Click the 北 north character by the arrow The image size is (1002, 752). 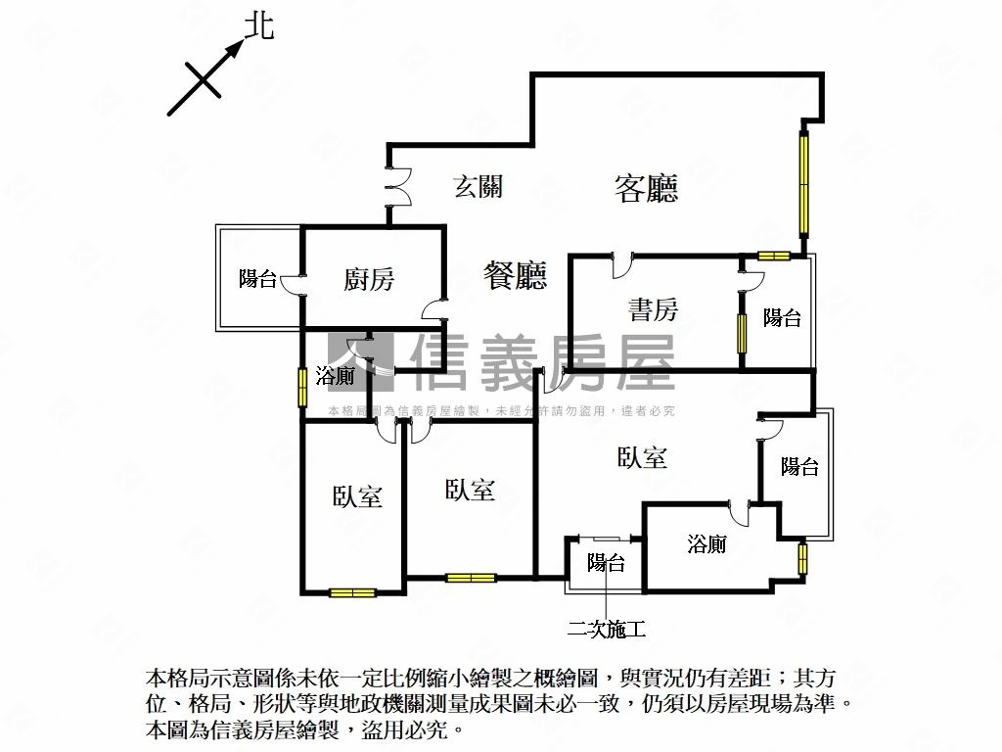tap(260, 26)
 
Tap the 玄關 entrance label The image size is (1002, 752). tap(478, 187)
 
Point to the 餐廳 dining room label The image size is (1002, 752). tap(515, 275)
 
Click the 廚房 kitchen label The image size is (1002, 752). tap(369, 279)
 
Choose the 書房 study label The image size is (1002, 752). tap(653, 309)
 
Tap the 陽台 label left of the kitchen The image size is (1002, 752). tap(257, 279)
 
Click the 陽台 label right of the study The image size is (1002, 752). tap(782, 318)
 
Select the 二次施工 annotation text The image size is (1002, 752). tap(607, 630)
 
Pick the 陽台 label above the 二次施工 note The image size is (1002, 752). tap(606, 563)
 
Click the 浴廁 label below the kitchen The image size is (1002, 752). tap(335, 376)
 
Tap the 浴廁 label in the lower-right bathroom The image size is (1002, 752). tap(706, 544)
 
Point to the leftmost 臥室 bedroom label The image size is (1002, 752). tap(357, 496)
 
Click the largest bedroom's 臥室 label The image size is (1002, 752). tap(642, 458)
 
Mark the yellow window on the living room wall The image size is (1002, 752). tap(803, 184)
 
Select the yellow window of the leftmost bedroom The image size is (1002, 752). tap(352, 592)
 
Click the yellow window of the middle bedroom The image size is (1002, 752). tap(471, 578)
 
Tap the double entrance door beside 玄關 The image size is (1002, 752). tap(397, 187)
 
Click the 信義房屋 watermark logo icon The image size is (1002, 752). tap(361, 362)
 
